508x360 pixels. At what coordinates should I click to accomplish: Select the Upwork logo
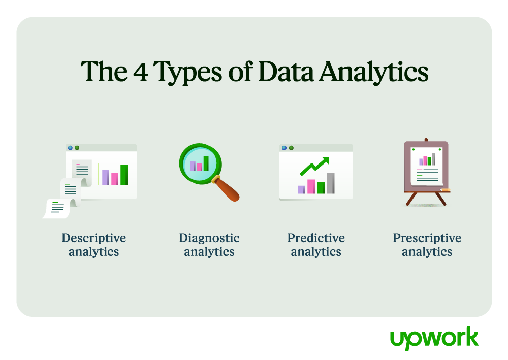434,338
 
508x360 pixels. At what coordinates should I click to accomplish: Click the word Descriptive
94,238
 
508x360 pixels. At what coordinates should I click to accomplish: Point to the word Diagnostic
209,238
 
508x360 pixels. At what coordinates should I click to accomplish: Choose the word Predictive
316,238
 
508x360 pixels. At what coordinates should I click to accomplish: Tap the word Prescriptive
427,238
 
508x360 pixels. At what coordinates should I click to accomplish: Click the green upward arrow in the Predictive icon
314,166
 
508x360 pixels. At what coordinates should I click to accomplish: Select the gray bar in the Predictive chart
331,183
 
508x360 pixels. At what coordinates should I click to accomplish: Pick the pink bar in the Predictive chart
311,186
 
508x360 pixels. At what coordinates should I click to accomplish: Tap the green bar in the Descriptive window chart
124,175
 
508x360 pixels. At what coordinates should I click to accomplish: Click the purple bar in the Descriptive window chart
106,177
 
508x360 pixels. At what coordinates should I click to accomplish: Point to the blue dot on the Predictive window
284,148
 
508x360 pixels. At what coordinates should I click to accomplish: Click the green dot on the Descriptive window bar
77,148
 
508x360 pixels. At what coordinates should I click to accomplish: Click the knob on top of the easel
426,140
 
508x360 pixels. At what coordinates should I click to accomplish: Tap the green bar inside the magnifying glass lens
206,163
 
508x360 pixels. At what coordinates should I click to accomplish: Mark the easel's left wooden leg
411,199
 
